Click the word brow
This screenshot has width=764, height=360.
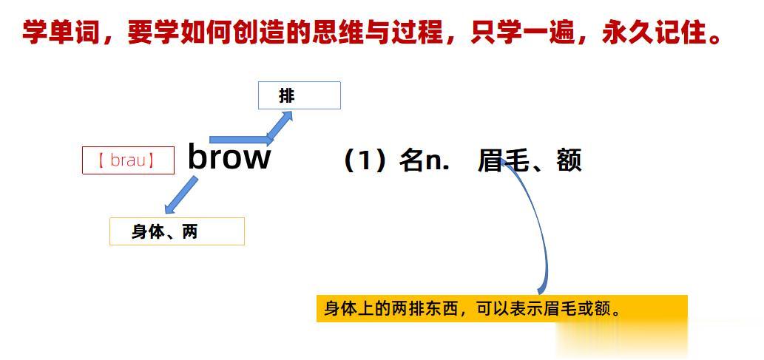[229, 157]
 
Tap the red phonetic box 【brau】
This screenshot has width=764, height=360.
[128, 160]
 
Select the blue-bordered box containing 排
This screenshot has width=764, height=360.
[299, 95]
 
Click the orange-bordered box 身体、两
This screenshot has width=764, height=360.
[177, 231]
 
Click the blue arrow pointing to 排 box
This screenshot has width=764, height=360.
[277, 126]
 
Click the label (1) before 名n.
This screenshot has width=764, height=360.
[365, 160]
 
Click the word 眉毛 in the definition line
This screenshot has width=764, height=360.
[503, 160]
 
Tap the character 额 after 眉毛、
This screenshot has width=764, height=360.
[569, 160]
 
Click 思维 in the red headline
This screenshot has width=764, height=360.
[348, 33]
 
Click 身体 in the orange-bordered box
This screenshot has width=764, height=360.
[146, 232]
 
